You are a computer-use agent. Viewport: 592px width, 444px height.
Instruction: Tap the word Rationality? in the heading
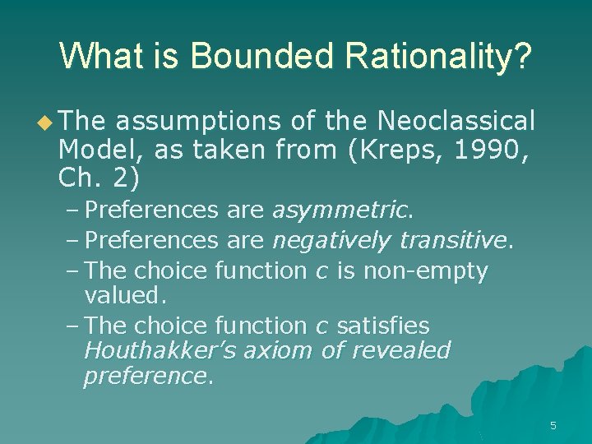coord(440,57)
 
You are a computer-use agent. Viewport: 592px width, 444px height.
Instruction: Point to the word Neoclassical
coord(456,122)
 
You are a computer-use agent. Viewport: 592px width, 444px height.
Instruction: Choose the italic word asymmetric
coord(340,210)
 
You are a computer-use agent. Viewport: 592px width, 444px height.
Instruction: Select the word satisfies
coord(383,326)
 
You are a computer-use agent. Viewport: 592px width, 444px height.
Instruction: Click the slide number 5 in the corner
coord(553,425)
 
